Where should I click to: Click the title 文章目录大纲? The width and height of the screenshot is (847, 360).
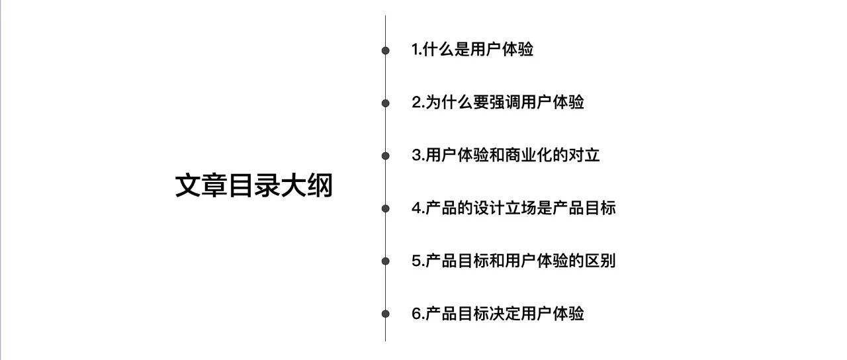pos(253,186)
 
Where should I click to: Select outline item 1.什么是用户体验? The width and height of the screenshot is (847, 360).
pos(472,50)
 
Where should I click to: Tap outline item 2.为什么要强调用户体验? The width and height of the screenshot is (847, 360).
pos(498,103)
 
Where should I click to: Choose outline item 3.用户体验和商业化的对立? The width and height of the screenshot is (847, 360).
pos(506,156)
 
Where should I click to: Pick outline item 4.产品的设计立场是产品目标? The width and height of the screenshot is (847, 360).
pos(513,208)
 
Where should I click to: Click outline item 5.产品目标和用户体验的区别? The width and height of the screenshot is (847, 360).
pos(513,261)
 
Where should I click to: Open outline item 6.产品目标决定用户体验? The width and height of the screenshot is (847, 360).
pos(498,314)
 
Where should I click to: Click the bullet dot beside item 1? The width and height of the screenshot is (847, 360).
pos(385,50)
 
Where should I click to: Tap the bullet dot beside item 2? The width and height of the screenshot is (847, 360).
pos(385,103)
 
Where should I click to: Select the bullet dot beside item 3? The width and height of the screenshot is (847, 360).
pos(385,156)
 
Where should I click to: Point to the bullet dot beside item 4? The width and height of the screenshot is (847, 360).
pos(385,208)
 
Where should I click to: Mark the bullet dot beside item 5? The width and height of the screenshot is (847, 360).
pos(385,261)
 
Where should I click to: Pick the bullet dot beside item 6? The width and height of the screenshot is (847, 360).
pos(385,314)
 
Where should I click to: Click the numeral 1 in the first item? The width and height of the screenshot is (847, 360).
pos(415,50)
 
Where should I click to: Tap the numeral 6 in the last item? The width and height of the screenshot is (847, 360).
pos(416,314)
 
